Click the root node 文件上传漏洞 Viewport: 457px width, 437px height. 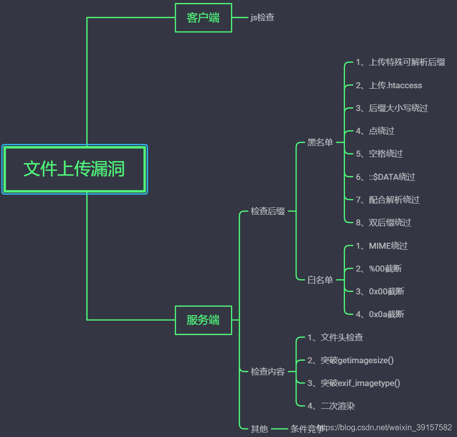point(74,169)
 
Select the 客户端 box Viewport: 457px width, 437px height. point(203,18)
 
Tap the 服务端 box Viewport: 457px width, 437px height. point(203,320)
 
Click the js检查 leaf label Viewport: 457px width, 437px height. point(262,18)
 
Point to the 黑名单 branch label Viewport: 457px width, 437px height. point(320,143)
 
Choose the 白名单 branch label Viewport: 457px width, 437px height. point(320,280)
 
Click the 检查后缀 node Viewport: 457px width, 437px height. point(268,212)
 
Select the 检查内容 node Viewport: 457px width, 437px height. point(268,372)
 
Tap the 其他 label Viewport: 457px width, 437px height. point(259,429)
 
